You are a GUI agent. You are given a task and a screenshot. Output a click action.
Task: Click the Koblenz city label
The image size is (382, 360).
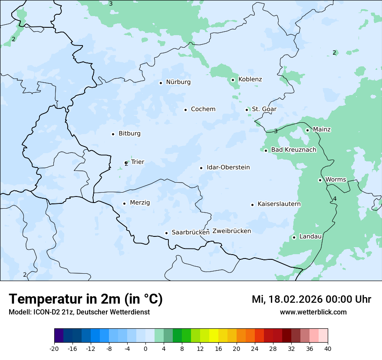pyautogui.click(x=250, y=79)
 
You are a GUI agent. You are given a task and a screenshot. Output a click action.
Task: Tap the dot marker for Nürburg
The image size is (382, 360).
pyautogui.click(x=161, y=83)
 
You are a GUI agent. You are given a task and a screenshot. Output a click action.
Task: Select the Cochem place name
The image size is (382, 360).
pyautogui.click(x=203, y=109)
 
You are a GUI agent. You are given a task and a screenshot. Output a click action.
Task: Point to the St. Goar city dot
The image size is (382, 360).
pyautogui.click(x=247, y=110)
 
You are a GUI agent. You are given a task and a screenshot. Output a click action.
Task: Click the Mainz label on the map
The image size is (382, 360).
pyautogui.click(x=322, y=130)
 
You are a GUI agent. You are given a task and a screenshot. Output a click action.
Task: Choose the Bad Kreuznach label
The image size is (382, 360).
pyautogui.click(x=293, y=150)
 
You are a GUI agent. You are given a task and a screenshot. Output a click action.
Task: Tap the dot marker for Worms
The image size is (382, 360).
pyautogui.click(x=320, y=180)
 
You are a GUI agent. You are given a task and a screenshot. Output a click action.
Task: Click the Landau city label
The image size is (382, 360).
pyautogui.click(x=310, y=237)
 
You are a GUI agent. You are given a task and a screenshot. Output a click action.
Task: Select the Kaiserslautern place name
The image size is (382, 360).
pyautogui.click(x=279, y=204)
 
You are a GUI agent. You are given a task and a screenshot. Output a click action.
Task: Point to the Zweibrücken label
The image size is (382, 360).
pyautogui.click(x=231, y=231)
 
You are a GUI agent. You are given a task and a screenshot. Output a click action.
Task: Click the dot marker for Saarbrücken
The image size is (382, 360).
pyautogui.click(x=166, y=233)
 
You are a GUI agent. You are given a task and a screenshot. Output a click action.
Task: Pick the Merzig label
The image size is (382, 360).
pyautogui.click(x=140, y=203)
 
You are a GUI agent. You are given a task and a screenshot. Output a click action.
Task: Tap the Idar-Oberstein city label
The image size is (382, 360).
pyautogui.click(x=228, y=167)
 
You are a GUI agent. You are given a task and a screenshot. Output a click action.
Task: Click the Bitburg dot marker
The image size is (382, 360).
pyautogui.click(x=113, y=134)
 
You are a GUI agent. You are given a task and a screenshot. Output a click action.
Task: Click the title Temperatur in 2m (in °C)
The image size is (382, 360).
pyautogui.click(x=86, y=299)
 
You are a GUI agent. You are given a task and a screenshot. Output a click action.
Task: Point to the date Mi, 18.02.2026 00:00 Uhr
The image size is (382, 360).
pyautogui.click(x=311, y=299)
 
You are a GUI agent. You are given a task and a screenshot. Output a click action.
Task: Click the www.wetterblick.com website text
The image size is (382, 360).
pyautogui.click(x=313, y=312)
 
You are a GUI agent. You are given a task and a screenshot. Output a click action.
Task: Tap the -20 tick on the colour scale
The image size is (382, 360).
pyautogui.click(x=54, y=348)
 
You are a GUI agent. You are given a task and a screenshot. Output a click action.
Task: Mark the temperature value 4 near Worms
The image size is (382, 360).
pyautogui.click(x=335, y=199)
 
